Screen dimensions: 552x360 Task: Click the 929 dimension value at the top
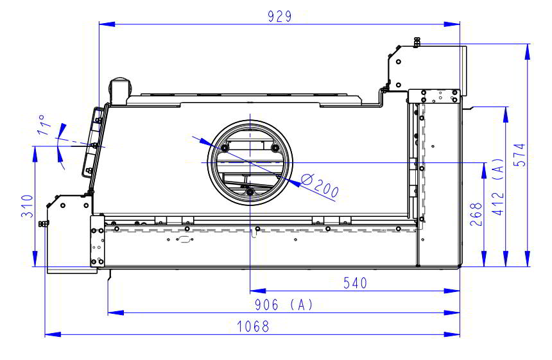tap(279, 16)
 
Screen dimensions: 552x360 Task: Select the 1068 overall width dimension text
tap(253, 327)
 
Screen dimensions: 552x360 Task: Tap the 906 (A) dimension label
tap(284, 305)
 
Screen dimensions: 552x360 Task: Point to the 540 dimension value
tap(355, 283)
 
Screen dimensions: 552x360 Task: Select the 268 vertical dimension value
tap(476, 214)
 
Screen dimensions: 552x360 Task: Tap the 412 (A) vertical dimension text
tap(498, 187)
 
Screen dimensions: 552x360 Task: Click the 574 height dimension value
tap(519, 155)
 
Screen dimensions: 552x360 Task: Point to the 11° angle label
tap(44, 125)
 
